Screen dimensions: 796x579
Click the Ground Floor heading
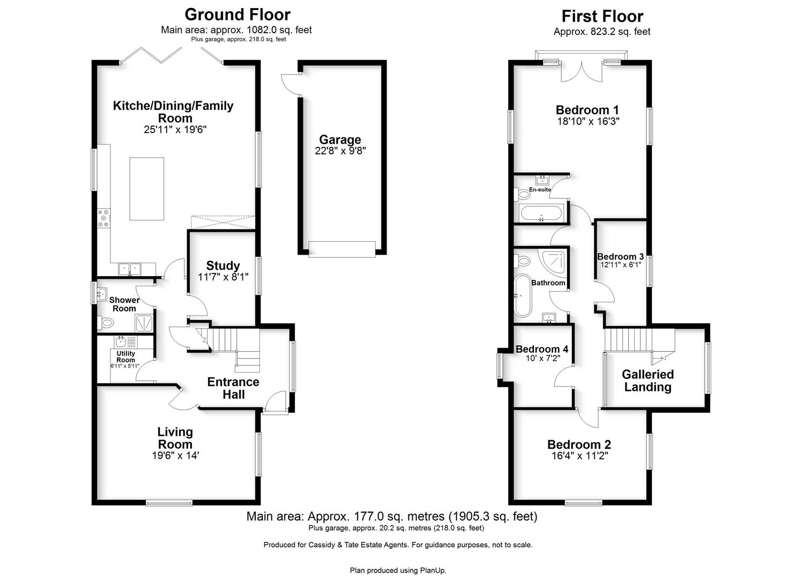[237, 14]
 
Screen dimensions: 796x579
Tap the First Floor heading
[602, 16]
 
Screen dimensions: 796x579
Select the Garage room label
[340, 140]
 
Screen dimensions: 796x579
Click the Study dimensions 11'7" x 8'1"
[223, 277]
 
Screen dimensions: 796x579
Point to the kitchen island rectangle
[147, 189]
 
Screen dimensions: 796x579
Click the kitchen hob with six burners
[104, 218]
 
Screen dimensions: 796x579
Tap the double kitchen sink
[130, 269]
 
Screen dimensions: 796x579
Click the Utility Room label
[126, 357]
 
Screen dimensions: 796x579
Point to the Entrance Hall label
[233, 388]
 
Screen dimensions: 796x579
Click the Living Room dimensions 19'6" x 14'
[175, 455]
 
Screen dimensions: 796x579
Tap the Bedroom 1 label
[587, 110]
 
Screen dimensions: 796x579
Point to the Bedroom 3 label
[621, 257]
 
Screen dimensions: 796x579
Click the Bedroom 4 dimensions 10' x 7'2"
[542, 358]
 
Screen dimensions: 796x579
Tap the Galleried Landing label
[648, 381]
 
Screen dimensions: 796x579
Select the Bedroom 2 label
[579, 444]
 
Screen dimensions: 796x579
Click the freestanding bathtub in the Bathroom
[523, 295]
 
